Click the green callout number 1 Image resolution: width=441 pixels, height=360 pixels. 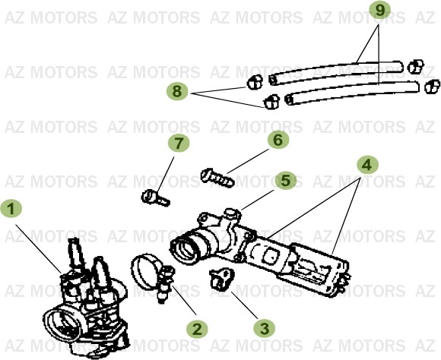tap(11, 208)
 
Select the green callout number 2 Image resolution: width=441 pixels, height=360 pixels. tap(197, 328)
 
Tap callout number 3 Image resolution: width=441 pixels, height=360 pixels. tap(264, 328)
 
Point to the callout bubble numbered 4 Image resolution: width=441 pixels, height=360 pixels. tap(367, 164)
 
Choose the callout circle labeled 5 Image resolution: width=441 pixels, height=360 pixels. tap(285, 181)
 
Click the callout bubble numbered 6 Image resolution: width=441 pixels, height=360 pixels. tap(278, 140)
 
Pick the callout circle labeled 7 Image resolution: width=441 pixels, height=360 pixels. tap(176, 143)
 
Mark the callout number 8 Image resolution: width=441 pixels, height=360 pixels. tap(177, 92)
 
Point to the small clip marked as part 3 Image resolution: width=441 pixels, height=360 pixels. tap(221, 279)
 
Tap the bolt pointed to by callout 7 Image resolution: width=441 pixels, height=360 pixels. tap(155, 197)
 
